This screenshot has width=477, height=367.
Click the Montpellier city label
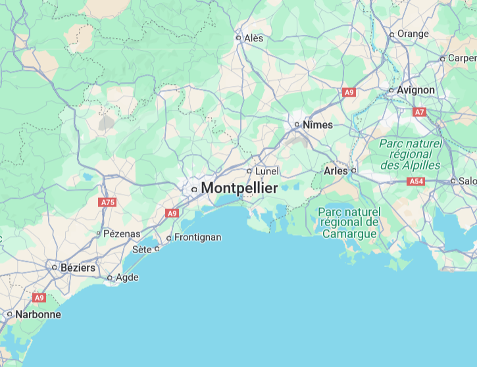pos(239,188)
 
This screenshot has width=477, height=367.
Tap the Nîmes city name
pos(318,124)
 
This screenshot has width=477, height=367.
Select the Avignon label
pos(416,90)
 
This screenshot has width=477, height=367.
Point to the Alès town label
pos(253,38)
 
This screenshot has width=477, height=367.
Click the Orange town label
pos(413,34)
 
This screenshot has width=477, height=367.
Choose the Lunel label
pos(266,171)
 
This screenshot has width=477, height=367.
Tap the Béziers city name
pos(78,268)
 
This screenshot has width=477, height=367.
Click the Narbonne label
pos(38,314)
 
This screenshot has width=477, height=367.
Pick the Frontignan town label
pos(198,237)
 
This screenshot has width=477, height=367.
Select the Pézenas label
pos(122,233)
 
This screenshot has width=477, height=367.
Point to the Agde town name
pos(127,278)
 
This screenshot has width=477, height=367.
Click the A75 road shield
pos(107,203)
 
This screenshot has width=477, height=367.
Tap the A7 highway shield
pos(419,112)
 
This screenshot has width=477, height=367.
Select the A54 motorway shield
pos(416,181)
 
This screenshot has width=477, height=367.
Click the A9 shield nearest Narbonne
pos(39,298)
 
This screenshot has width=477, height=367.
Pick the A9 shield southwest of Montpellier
pos(172,213)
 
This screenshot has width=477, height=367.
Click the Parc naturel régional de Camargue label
pos(349,223)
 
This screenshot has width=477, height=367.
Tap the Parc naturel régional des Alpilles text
pos(411,154)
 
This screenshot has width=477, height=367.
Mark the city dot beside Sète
pos(157,249)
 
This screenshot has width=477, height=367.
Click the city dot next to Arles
pos(353,171)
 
